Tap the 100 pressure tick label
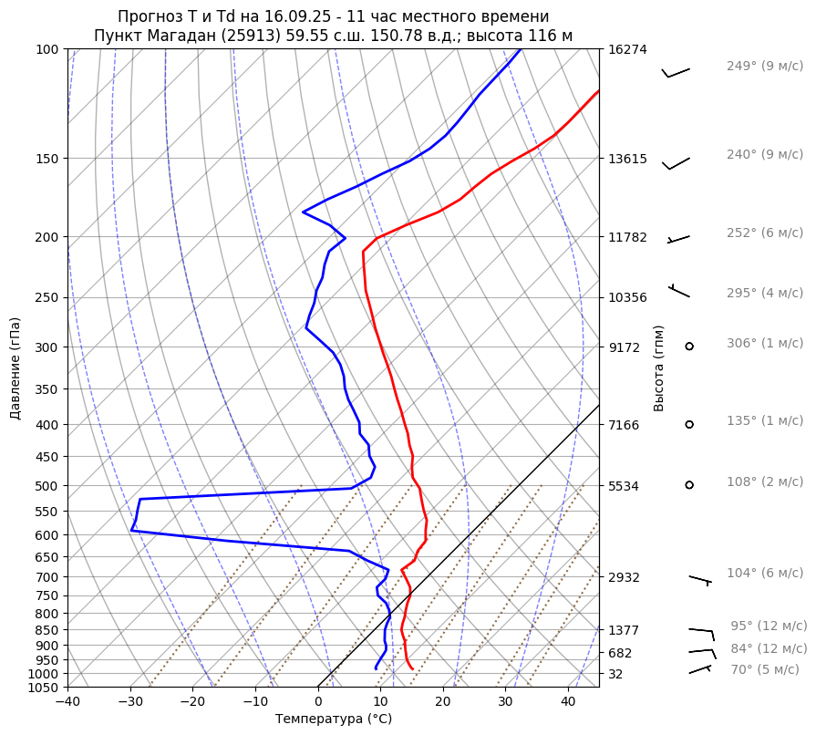click(x=48, y=49)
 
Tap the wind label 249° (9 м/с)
click(x=764, y=67)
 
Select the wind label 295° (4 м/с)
click(x=764, y=293)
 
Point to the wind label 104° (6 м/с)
click(x=764, y=573)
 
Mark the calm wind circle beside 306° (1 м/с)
click(x=689, y=346)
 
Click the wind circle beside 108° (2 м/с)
click(x=689, y=484)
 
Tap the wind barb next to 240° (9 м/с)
click(x=677, y=163)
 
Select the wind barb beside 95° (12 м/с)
click(x=701, y=630)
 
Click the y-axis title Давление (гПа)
click(x=15, y=368)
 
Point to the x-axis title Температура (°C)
click(x=334, y=719)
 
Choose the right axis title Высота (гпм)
click(x=659, y=368)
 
